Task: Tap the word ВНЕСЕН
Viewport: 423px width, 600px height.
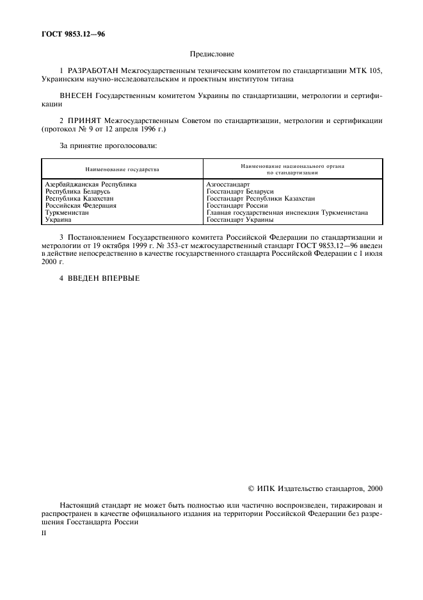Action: (x=76, y=96)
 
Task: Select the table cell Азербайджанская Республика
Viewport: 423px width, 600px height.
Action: (x=90, y=185)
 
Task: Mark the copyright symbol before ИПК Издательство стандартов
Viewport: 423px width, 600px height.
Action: (x=251, y=488)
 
